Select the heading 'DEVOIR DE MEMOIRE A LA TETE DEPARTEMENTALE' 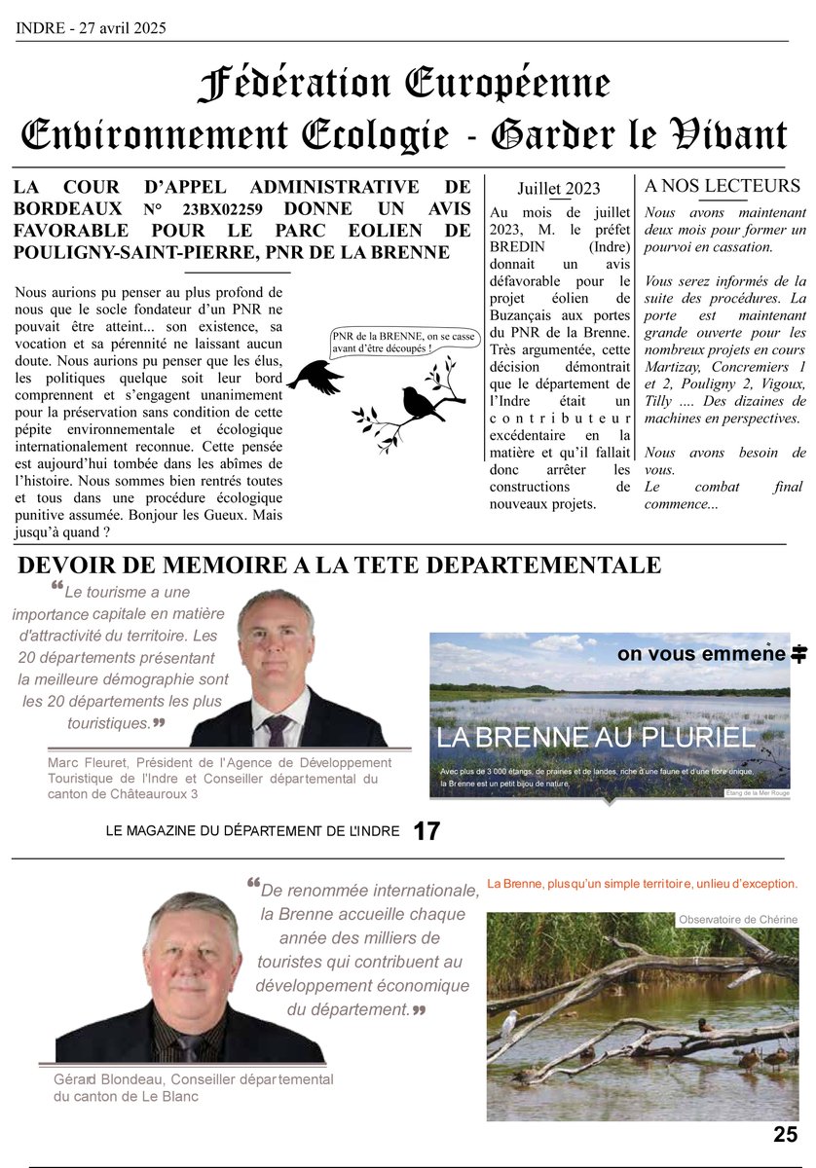click(x=339, y=565)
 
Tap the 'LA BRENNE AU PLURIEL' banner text click(x=595, y=738)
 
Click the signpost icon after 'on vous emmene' click(x=799, y=654)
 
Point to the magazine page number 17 click(x=427, y=831)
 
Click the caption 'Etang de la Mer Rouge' click(x=758, y=793)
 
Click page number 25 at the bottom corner click(x=786, y=1134)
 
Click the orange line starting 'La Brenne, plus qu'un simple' click(x=643, y=884)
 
